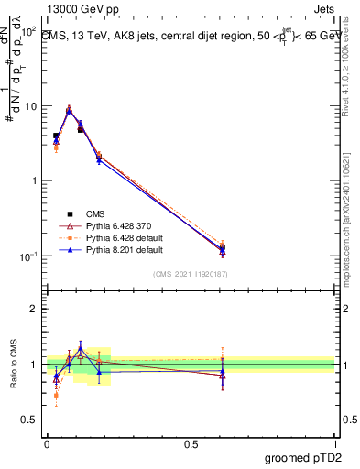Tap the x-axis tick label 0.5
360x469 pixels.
pos(191,443)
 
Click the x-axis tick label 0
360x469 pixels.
pos(47,443)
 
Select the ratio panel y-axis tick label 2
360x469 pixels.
pos(33,309)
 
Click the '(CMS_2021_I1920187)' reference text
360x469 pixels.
pos(191,274)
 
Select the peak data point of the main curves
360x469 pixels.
pos(69,109)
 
